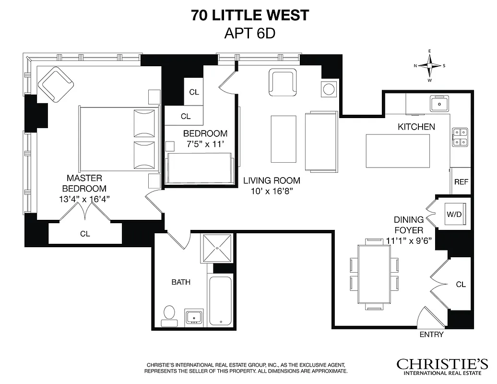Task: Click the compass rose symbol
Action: pyautogui.click(x=430, y=66)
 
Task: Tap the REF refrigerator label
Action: pyautogui.click(x=461, y=182)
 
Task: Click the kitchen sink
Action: pyautogui.click(x=439, y=103)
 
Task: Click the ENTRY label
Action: pyautogui.click(x=431, y=335)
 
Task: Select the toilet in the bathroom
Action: pyautogui.click(x=168, y=315)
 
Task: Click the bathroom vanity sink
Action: pyautogui.click(x=194, y=317)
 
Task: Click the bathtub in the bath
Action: pyautogui.click(x=220, y=300)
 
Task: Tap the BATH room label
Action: pyautogui.click(x=181, y=282)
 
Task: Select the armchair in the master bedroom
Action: pyautogui.click(x=56, y=84)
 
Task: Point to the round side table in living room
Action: pyautogui.click(x=330, y=89)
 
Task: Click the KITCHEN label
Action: pyautogui.click(x=416, y=127)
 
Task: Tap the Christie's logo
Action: pyautogui.click(x=442, y=366)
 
